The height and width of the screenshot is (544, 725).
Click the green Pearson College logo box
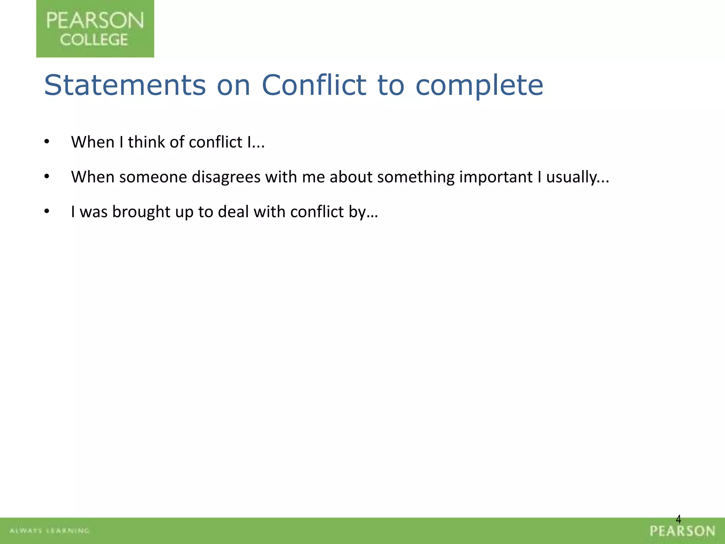[x=95, y=28]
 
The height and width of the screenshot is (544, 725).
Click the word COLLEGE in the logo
[x=94, y=40]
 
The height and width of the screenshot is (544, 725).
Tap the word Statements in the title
[x=125, y=85]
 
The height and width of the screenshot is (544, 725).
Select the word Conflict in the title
[x=314, y=85]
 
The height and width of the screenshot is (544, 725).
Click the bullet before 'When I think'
[x=47, y=142]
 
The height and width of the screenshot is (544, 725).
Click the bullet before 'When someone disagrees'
[x=47, y=176]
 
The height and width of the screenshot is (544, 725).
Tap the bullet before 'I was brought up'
[x=47, y=211]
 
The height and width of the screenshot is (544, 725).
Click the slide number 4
[x=678, y=519]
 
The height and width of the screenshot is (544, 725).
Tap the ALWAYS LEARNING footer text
[x=50, y=531]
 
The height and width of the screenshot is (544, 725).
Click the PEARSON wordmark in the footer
[x=683, y=531]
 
